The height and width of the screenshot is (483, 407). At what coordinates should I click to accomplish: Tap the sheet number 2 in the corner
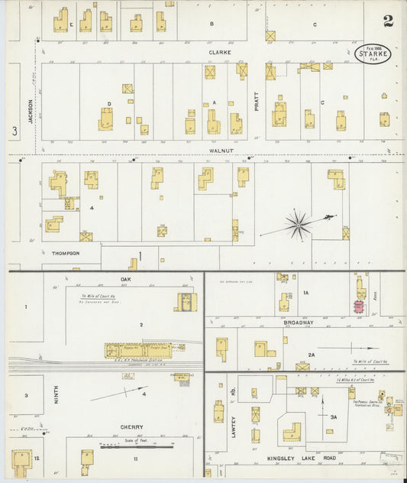(388, 21)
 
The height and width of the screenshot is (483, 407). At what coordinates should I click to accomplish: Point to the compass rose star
(297, 224)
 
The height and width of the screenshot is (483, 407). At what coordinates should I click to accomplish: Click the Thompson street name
(66, 253)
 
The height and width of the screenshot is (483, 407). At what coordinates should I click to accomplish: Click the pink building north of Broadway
(357, 307)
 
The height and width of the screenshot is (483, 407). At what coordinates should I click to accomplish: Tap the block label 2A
(312, 355)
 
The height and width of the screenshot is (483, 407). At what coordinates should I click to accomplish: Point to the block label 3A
(333, 418)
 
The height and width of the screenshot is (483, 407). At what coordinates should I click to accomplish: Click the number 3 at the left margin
(14, 131)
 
